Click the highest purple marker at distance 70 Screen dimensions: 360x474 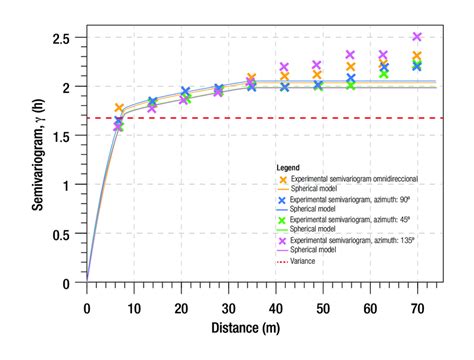417,37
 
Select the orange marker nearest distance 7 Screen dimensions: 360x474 119,109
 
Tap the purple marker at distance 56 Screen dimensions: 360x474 351,56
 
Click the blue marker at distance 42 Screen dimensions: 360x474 284,87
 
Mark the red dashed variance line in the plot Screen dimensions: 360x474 300,118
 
